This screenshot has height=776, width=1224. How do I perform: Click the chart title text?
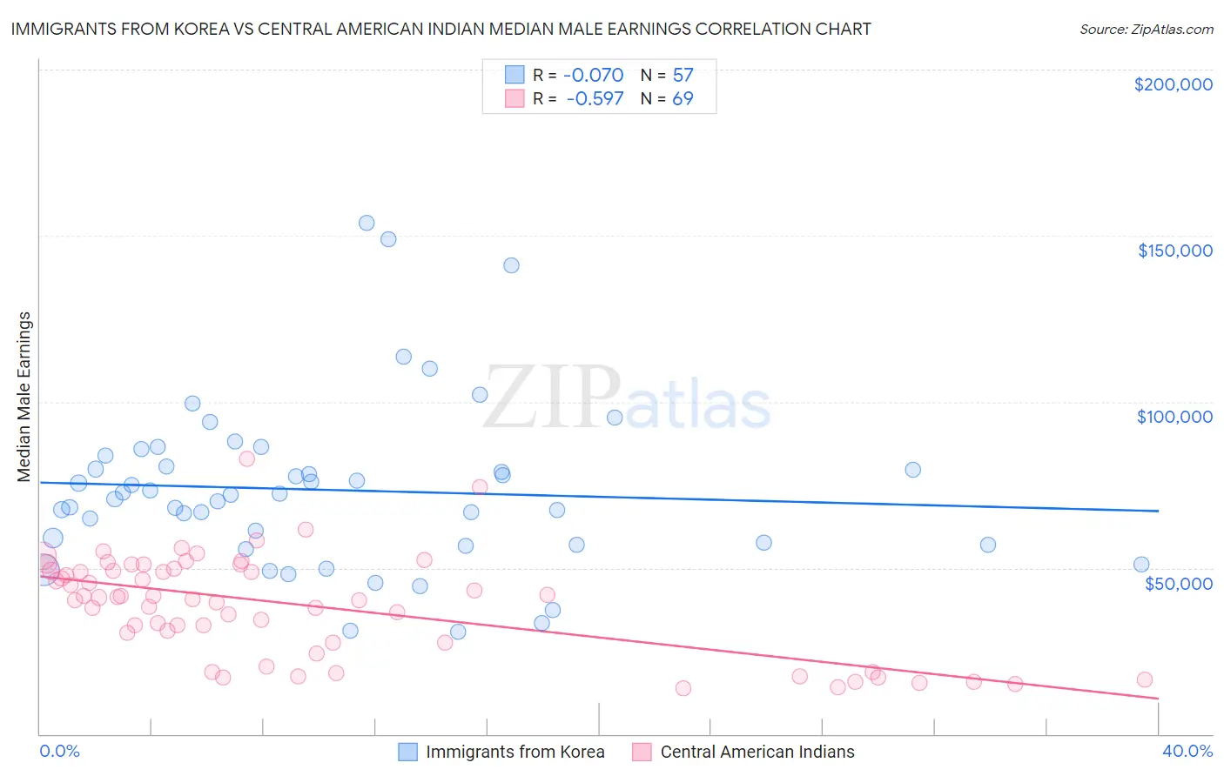(x=441, y=29)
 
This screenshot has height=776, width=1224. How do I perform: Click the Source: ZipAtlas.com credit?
(x=1146, y=29)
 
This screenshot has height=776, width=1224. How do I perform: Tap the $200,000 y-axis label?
(x=1173, y=84)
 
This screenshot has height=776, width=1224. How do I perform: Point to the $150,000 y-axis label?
(x=1174, y=251)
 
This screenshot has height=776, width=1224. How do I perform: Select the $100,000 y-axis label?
(x=1174, y=417)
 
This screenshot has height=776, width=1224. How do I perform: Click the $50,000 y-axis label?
(x=1178, y=583)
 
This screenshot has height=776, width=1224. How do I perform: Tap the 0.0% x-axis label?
(x=59, y=751)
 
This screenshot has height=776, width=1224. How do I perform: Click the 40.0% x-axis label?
(x=1187, y=751)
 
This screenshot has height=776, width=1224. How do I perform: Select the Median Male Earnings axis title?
(x=24, y=397)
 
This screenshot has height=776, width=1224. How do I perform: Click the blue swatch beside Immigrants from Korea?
(x=408, y=752)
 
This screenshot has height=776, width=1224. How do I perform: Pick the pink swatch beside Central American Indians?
(x=642, y=752)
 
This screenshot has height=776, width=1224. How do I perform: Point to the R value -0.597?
(x=595, y=98)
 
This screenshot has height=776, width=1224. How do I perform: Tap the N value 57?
(x=683, y=75)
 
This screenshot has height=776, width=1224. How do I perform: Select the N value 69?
(x=683, y=98)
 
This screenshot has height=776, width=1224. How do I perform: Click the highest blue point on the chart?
(x=367, y=223)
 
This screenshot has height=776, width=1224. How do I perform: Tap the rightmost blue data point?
(x=1141, y=565)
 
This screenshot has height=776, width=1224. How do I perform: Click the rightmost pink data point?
(x=1145, y=679)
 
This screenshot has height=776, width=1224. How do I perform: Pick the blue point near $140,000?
(x=511, y=265)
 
